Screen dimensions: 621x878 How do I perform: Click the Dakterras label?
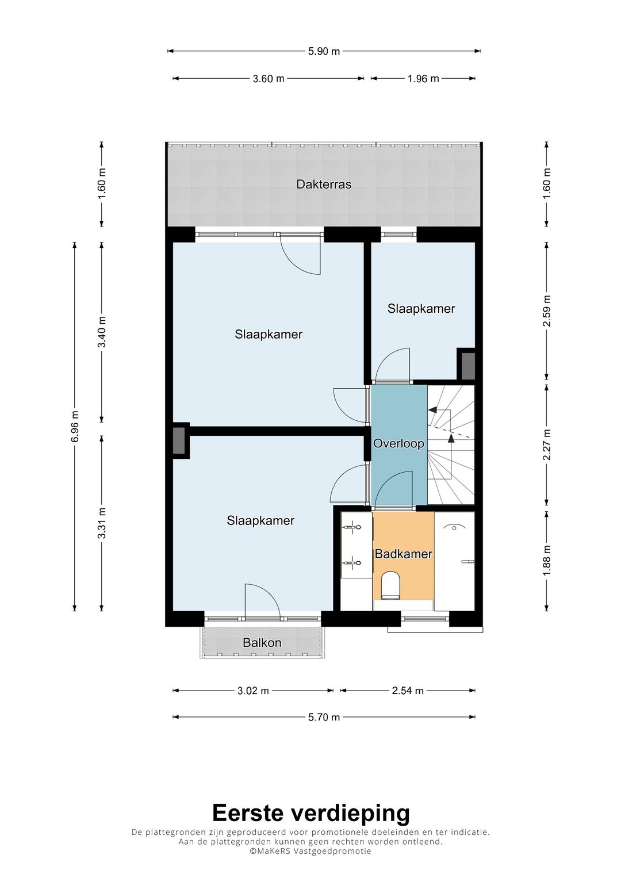(323, 184)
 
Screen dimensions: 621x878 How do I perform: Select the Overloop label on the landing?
(398, 443)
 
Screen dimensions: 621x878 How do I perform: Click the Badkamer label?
(404, 554)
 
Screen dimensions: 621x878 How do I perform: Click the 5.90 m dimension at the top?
(324, 51)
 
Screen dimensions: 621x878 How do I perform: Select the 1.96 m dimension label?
(423, 78)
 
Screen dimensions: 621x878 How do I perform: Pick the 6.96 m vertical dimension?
(75, 426)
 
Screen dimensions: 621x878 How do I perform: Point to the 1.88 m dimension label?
(547, 561)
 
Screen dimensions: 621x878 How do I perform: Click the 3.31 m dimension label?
(102, 523)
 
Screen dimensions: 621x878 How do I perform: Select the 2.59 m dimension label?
(547, 311)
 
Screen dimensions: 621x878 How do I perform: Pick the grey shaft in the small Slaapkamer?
(467, 366)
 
